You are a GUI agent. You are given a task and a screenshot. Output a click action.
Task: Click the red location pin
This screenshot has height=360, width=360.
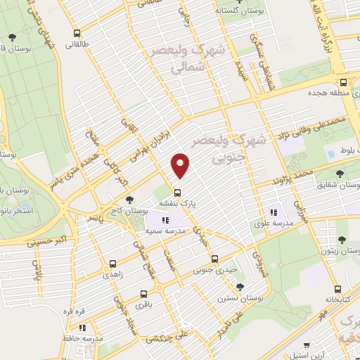(x=181, y=166)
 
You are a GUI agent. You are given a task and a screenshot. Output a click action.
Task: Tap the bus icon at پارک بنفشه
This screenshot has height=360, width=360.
(x=176, y=191)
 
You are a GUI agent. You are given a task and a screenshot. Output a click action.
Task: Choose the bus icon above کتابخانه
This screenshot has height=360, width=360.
(x=337, y=288)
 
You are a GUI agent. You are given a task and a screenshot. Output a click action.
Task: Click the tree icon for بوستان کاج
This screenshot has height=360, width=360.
(x=129, y=200)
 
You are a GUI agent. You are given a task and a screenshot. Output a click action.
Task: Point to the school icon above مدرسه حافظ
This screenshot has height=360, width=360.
(x=83, y=327)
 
